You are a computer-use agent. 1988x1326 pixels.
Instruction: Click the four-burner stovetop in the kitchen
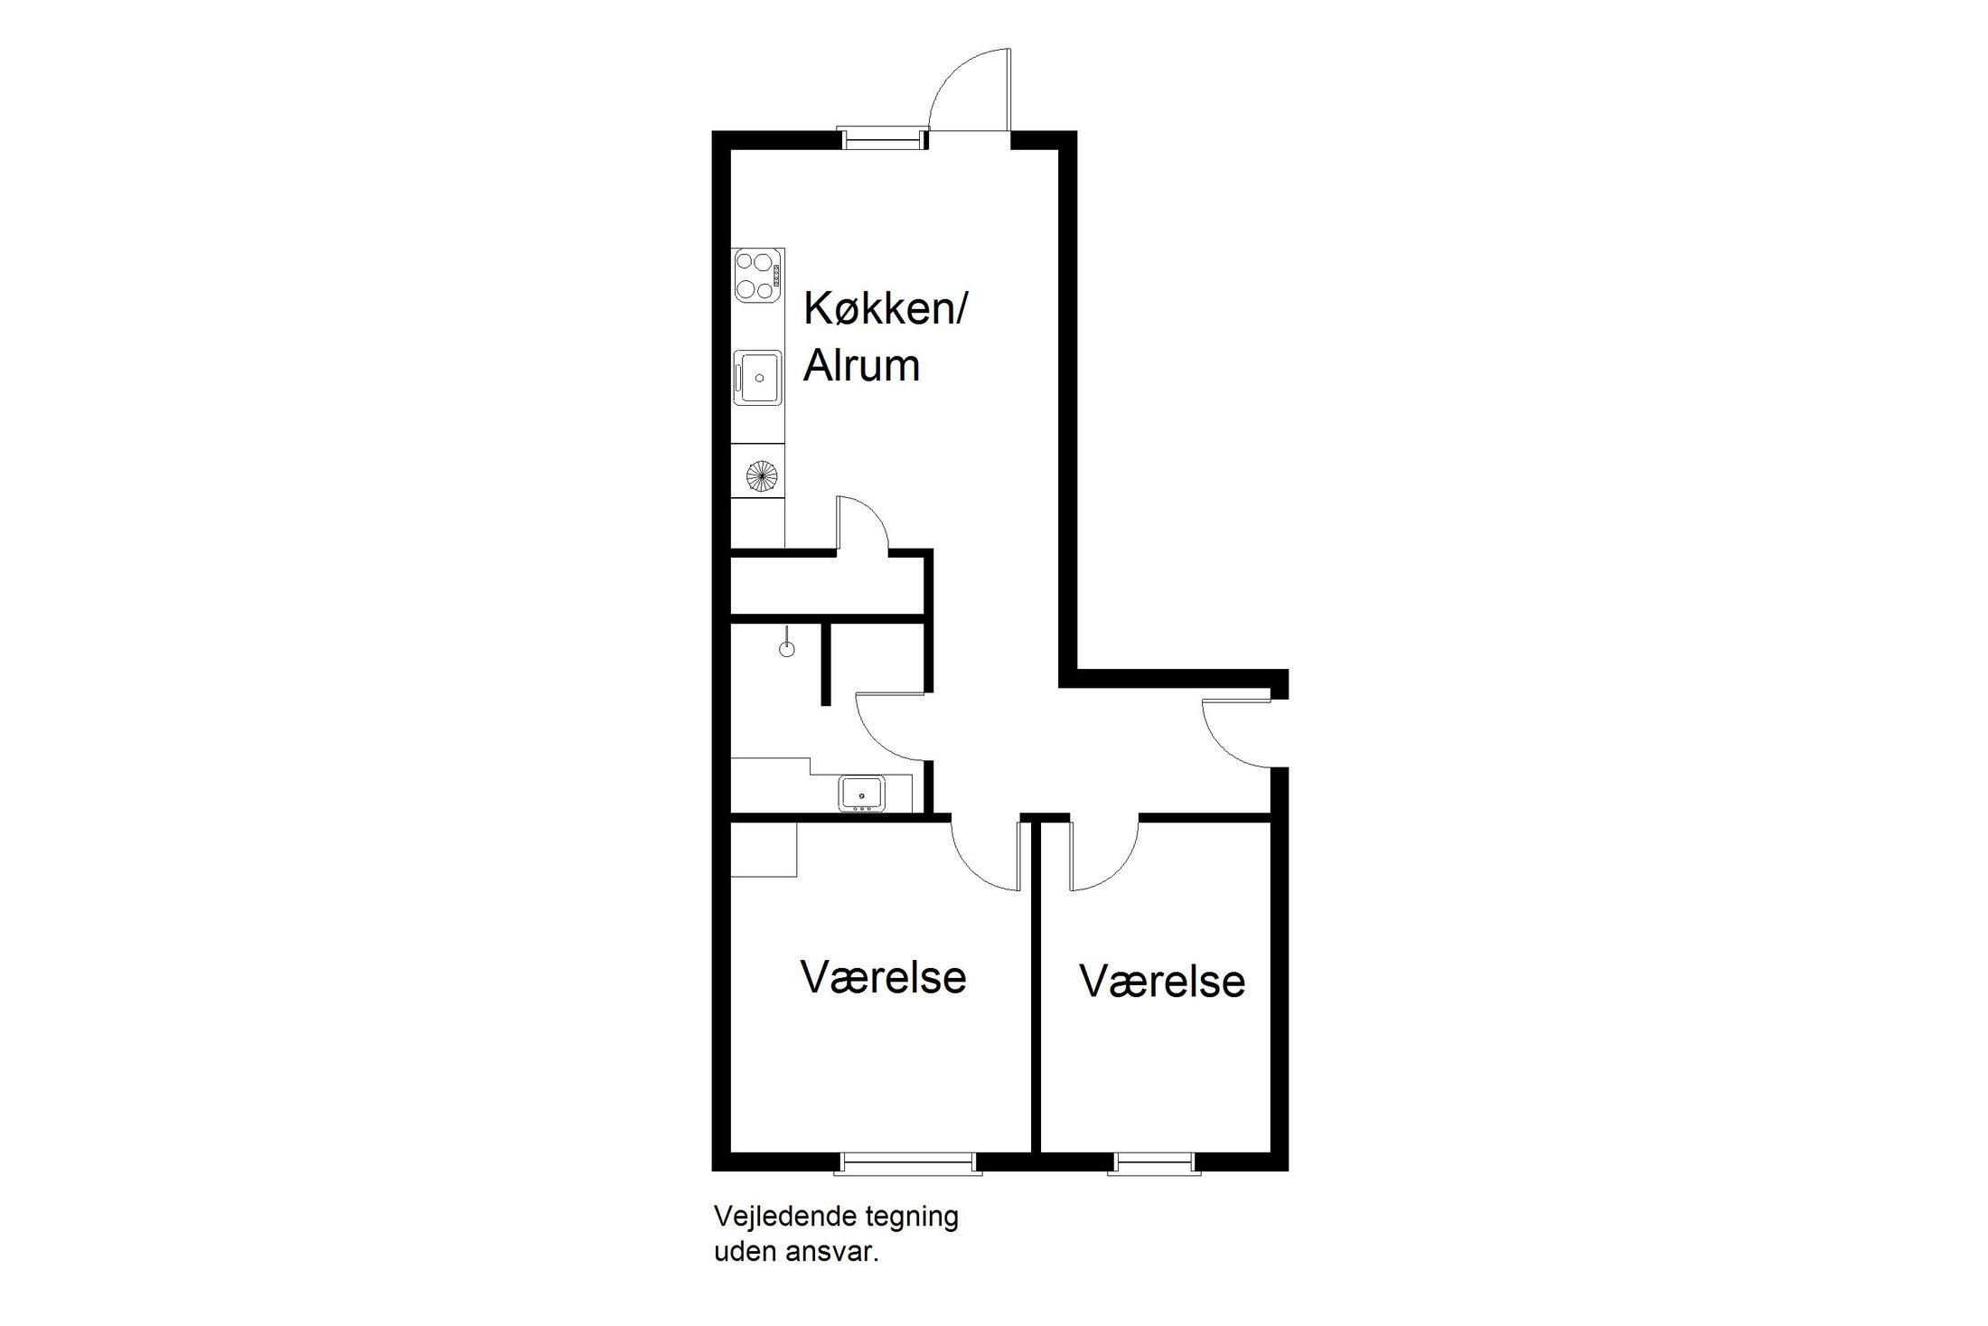pyautogui.click(x=757, y=276)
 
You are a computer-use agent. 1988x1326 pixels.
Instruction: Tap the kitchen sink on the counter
pyautogui.click(x=757, y=377)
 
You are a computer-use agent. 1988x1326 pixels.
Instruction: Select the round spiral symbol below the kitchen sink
pyautogui.click(x=761, y=474)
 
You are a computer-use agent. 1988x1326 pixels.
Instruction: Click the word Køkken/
pyautogui.click(x=886, y=309)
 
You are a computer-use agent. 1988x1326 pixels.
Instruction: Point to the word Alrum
pyautogui.click(x=861, y=365)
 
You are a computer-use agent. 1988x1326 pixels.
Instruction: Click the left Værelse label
pyautogui.click(x=883, y=977)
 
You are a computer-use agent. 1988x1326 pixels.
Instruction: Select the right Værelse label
pyautogui.click(x=1162, y=982)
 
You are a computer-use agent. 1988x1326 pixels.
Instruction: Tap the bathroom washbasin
pyautogui.click(x=862, y=793)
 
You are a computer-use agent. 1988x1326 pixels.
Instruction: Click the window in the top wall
pyautogui.click(x=882, y=139)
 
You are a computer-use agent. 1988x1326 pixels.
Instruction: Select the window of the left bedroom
pyautogui.click(x=908, y=1163)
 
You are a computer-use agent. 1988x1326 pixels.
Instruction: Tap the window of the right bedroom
pyautogui.click(x=1154, y=1163)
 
